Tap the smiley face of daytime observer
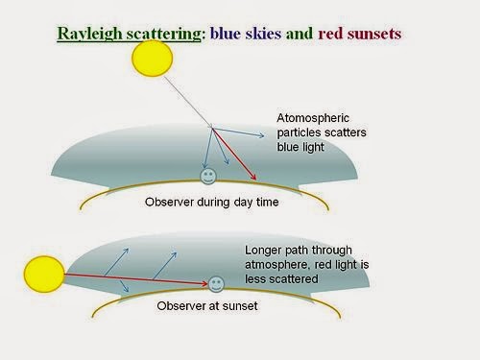click(x=206, y=176)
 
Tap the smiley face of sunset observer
click(x=217, y=284)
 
